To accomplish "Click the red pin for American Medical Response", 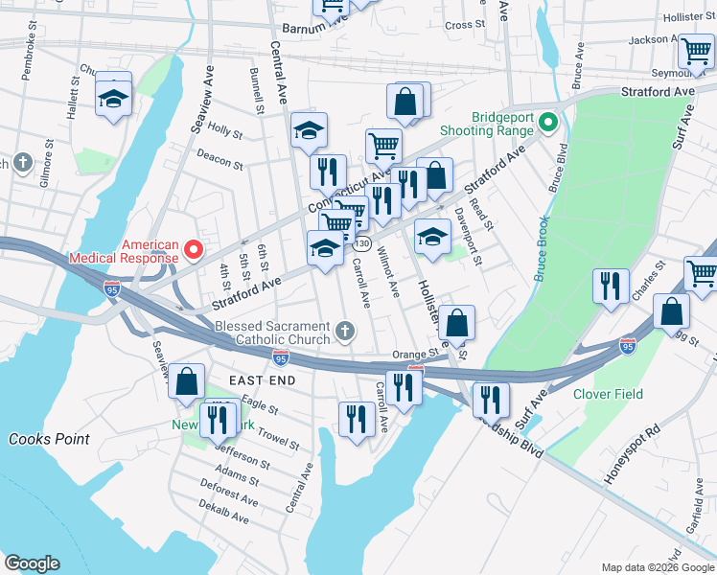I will click(193, 250).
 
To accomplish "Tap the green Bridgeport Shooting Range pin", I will click(547, 123).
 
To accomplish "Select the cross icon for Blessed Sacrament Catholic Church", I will click(345, 333).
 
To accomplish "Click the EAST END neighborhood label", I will click(249, 380).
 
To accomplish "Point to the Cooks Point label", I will click(49, 439).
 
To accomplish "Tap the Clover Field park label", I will click(608, 394).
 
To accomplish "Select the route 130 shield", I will click(362, 245).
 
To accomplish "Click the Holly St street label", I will click(224, 129).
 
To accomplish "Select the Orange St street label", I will click(422, 353).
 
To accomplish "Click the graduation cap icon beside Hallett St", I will click(113, 98).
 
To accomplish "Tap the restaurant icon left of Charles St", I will click(610, 285).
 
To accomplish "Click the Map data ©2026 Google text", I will click(657, 567).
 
